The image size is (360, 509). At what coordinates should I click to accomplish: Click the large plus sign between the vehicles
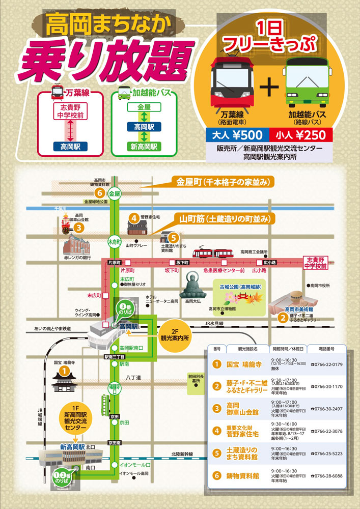[270, 90]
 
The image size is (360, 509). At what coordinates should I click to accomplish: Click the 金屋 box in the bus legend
[144, 107]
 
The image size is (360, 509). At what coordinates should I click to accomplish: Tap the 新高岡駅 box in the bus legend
[144, 147]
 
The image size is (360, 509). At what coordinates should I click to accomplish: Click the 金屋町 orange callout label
[224, 182]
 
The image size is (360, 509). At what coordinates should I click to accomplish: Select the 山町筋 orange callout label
[227, 219]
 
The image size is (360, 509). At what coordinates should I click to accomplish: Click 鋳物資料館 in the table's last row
[243, 476]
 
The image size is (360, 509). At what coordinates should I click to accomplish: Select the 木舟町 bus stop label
[114, 240]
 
